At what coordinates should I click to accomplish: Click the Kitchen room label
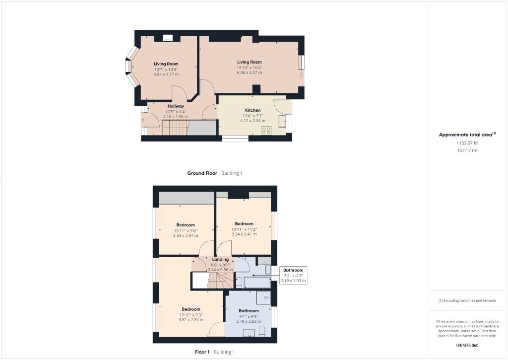pyautogui.click(x=253, y=110)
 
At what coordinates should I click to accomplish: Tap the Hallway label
pyautogui.click(x=176, y=106)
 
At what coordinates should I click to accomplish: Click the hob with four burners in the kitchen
pyautogui.click(x=266, y=131)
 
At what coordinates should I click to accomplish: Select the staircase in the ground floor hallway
pyautogui.click(x=174, y=128)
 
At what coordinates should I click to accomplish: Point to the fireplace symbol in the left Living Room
pyautogui.click(x=168, y=37)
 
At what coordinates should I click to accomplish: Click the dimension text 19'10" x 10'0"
pyautogui.click(x=249, y=68)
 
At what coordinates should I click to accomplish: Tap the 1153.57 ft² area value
pyautogui.click(x=467, y=143)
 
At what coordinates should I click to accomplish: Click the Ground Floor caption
pyautogui.click(x=202, y=173)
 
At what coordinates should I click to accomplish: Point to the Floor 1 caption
pyautogui.click(x=202, y=352)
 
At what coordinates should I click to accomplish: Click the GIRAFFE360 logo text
pyautogui.click(x=467, y=345)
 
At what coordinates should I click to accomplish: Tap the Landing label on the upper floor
pyautogui.click(x=220, y=259)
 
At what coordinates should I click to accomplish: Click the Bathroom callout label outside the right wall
pyautogui.click(x=293, y=271)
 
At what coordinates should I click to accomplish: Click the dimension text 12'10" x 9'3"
pyautogui.click(x=191, y=315)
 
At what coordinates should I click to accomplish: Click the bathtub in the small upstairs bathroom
pyautogui.click(x=257, y=283)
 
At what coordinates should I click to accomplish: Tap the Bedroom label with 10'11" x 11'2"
pyautogui.click(x=244, y=223)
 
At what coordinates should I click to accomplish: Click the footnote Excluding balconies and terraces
pyautogui.click(x=467, y=300)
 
